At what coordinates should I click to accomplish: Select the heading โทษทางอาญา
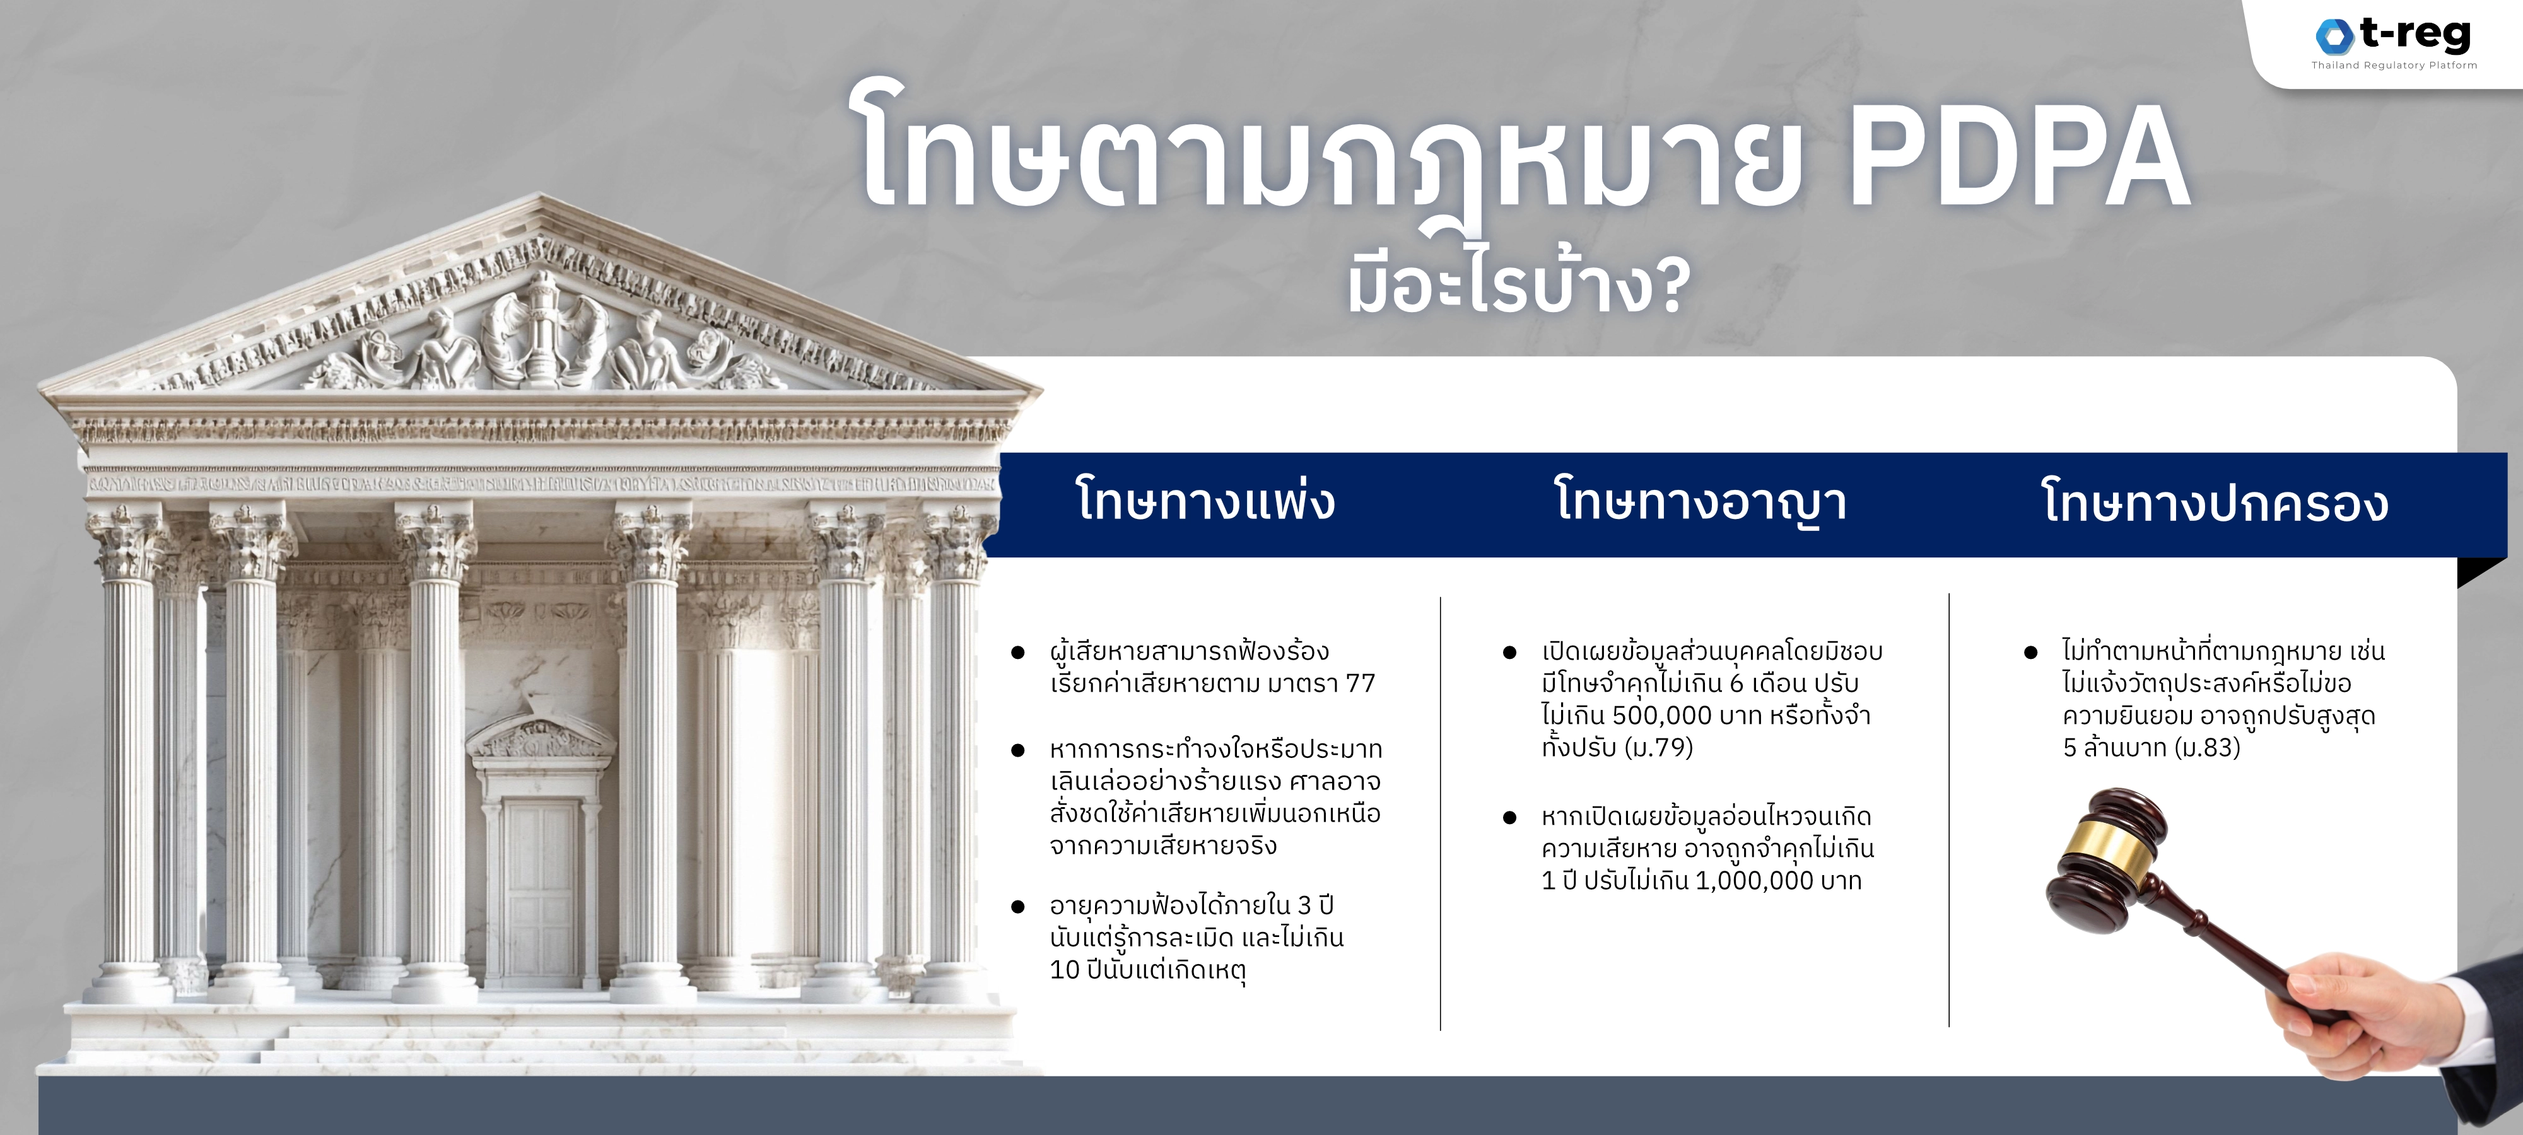[1701, 501]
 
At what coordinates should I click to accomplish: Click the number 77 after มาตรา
[1361, 684]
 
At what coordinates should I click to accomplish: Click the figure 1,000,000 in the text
[1754, 880]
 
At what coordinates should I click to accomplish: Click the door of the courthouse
[541, 891]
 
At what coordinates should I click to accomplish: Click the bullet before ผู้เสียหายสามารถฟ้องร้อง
[1017, 652]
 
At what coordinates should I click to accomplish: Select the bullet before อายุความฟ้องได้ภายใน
[1017, 907]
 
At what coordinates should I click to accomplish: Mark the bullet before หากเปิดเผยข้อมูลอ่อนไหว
[1509, 818]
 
